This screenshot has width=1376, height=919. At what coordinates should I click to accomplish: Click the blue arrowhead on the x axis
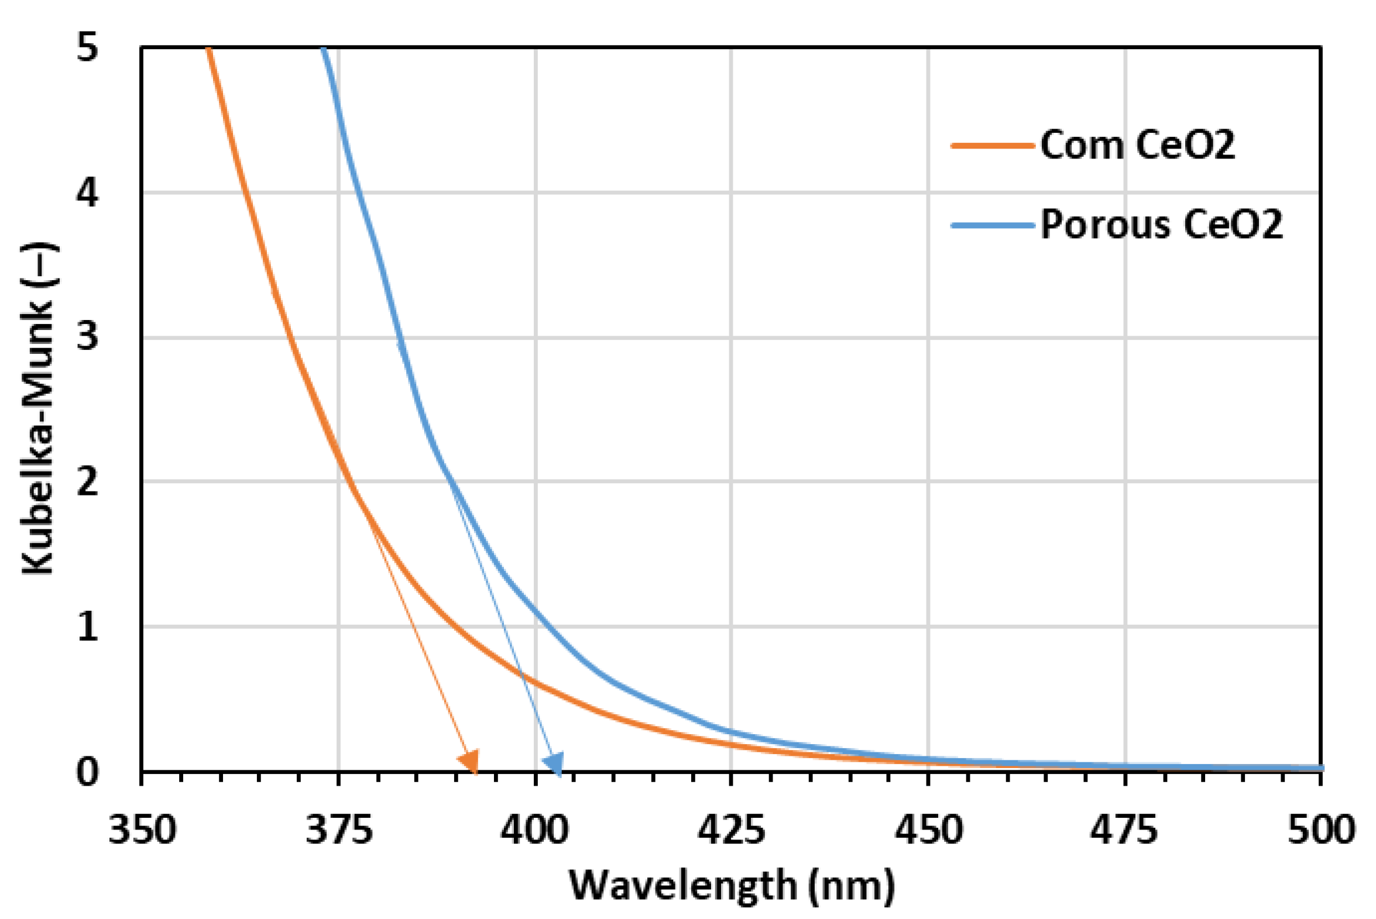click(554, 763)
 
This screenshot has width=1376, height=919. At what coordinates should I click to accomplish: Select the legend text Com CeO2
click(1137, 144)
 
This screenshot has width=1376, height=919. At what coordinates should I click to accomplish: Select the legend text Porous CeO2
click(1161, 225)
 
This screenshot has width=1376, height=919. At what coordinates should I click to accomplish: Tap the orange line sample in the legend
click(992, 145)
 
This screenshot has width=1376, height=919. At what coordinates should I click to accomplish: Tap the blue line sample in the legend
click(992, 225)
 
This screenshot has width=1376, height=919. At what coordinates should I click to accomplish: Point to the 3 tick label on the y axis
click(87, 337)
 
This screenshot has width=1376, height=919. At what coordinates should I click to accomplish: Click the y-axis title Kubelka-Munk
click(38, 408)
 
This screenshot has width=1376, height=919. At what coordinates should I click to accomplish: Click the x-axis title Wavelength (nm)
click(732, 885)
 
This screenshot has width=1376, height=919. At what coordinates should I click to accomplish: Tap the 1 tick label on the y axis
click(87, 627)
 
